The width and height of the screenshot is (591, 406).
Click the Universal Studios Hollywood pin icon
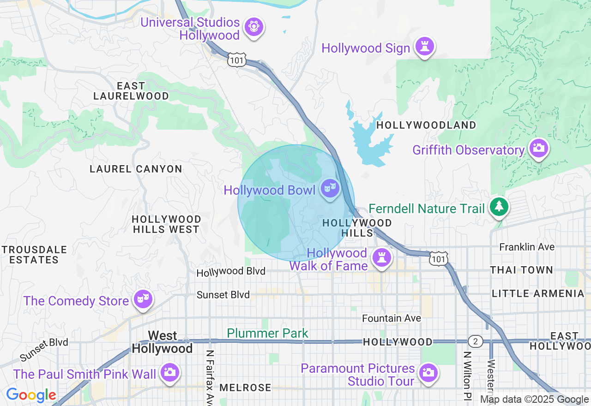(253, 27)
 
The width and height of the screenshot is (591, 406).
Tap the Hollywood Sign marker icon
(424, 46)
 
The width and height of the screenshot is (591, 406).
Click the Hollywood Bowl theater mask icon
(330, 188)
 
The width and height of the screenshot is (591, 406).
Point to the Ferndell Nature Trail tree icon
(499, 206)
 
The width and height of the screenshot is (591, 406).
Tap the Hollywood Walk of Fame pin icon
(381, 257)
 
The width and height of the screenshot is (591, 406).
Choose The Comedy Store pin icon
(142, 299)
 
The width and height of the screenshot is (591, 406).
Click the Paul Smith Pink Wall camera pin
(169, 372)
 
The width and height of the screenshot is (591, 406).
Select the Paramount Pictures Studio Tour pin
(428, 372)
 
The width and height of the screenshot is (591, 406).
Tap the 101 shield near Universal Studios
(236, 60)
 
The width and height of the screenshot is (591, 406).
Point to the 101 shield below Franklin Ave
(438, 259)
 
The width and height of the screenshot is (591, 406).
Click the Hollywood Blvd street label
(231, 272)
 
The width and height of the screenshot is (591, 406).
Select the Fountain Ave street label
(392, 318)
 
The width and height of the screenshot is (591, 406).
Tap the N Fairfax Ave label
(210, 375)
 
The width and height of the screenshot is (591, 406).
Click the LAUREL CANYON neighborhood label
(136, 169)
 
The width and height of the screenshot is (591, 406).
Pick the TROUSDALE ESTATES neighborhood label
(34, 255)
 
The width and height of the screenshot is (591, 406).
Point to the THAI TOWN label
(521, 270)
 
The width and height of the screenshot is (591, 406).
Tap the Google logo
(31, 395)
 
